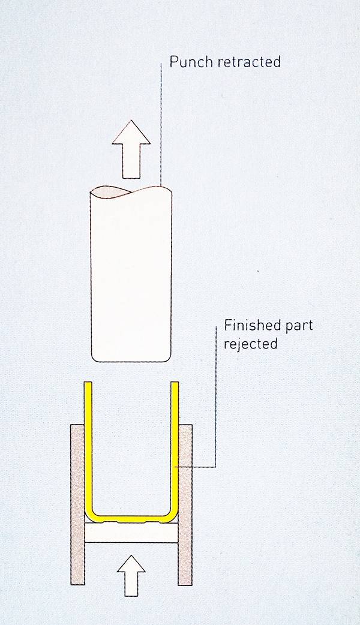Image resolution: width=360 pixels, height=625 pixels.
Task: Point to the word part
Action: (298, 326)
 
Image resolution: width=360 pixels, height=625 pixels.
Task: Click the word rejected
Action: (250, 344)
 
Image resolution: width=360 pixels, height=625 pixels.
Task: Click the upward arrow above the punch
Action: (131, 149)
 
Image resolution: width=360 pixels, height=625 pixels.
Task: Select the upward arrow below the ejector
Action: (131, 576)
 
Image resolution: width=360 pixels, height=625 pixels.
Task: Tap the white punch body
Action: (131, 275)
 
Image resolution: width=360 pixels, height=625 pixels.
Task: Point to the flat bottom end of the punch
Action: (131, 361)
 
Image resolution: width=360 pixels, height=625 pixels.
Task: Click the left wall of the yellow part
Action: (88, 446)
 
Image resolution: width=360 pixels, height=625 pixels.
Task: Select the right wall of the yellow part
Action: (175, 446)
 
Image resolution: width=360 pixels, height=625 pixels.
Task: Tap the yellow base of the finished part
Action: (131, 519)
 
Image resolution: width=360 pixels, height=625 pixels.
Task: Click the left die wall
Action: (77, 504)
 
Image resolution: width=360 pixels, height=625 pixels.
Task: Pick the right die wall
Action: (185, 504)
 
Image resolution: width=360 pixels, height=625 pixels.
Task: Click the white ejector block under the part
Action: (131, 533)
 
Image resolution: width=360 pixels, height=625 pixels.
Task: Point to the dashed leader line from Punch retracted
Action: (161, 124)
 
